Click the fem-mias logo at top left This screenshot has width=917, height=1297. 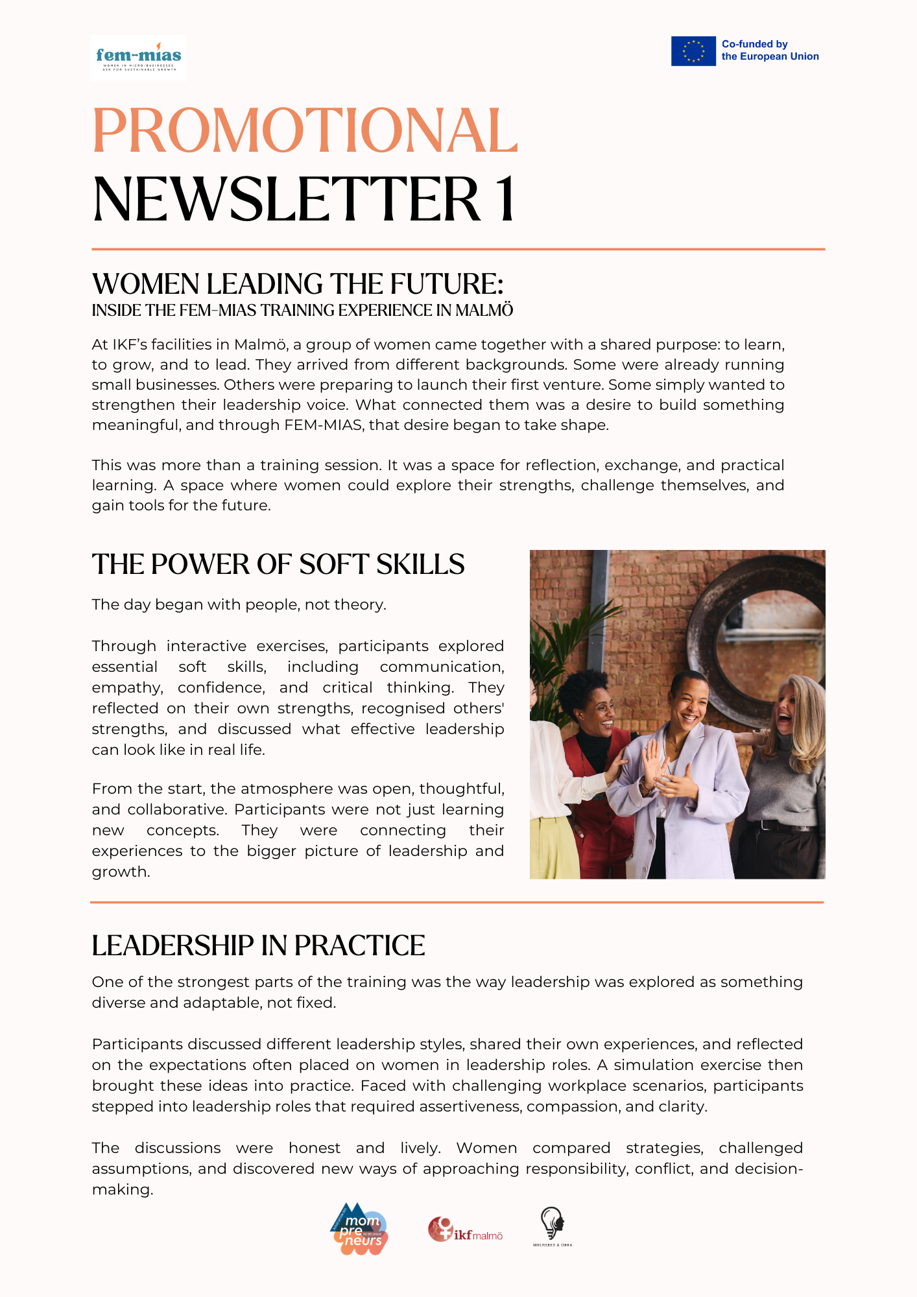(x=137, y=58)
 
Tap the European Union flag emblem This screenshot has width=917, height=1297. (x=693, y=51)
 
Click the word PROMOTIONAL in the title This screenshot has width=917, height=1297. (x=305, y=131)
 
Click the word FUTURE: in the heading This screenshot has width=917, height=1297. (x=447, y=284)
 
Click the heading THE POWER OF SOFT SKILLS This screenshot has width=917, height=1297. (x=278, y=565)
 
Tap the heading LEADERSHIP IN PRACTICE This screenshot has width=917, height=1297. (x=258, y=946)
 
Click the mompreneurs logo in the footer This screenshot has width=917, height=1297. (x=359, y=1230)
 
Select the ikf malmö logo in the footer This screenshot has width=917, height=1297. (x=465, y=1230)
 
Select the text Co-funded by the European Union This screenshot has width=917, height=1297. (x=770, y=51)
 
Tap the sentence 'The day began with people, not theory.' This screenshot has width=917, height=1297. (x=239, y=605)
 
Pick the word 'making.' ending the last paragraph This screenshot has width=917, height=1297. (x=123, y=1190)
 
